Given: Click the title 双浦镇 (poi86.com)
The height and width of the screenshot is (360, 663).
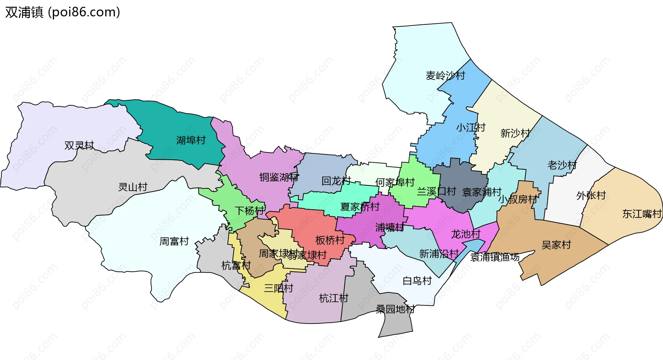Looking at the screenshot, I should point(63,12).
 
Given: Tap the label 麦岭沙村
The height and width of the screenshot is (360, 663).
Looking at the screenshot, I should point(445,76).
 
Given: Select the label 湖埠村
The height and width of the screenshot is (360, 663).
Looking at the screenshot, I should point(191,140).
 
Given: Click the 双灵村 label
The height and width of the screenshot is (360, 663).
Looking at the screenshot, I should point(79,145).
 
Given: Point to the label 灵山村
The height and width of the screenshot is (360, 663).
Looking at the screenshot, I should point(133,187).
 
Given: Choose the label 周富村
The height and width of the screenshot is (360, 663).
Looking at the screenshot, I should point(174,241).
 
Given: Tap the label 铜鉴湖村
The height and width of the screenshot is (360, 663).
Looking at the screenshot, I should point(279,177).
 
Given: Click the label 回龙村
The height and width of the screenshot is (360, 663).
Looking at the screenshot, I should point(336,181).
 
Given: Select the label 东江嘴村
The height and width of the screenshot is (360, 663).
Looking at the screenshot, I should point(642,214).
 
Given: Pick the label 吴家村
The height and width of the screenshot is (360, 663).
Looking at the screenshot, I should point(556,245).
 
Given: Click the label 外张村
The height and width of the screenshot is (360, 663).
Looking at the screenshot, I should point(591,195).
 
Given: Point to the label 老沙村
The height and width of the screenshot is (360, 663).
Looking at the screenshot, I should point(562,165).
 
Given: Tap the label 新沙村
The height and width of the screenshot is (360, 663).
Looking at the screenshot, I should point(515,133).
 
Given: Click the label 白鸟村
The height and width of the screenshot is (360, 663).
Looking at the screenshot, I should point(417,281).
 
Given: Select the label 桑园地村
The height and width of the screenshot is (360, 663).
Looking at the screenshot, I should point(395,309).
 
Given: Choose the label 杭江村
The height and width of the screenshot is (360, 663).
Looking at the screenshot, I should point(334,298).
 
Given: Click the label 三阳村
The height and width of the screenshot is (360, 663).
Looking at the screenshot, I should point(278,288).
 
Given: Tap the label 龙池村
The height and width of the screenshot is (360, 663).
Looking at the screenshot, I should point(465,234).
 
